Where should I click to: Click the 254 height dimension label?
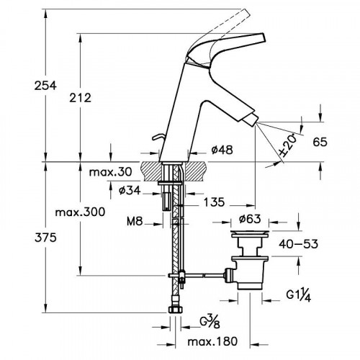pos(45,86)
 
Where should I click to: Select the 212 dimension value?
pos(81,98)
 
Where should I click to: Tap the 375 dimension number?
pos(45,238)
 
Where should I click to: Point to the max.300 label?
pos(80,212)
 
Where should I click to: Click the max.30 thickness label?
pos(110,172)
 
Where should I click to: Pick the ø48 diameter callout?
pos(222,150)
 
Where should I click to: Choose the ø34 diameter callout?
pos(130,191)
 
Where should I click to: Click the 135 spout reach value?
pos(214,202)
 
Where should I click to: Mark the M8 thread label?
pos(135,222)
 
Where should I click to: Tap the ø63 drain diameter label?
pos(250,219)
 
